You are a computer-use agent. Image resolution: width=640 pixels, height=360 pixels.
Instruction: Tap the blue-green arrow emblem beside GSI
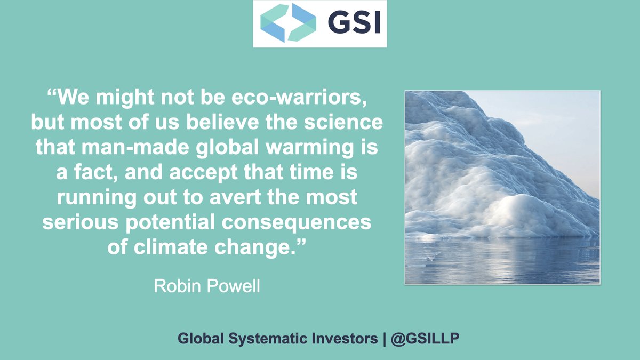tap(287, 23)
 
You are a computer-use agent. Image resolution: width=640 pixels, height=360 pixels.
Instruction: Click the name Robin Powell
tap(207, 286)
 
